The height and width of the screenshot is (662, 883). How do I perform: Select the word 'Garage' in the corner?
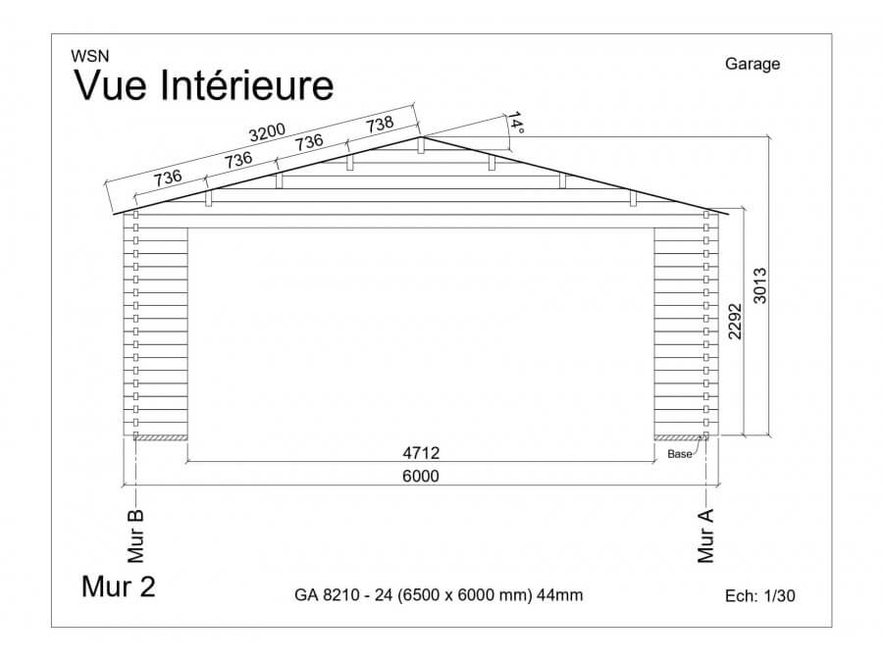[x=753, y=65]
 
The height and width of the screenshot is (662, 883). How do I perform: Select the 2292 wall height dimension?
[x=736, y=321]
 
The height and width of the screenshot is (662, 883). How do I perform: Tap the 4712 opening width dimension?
[x=421, y=453]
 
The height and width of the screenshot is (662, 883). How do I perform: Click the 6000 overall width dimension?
[x=421, y=476]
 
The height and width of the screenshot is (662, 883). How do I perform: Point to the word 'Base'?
[x=680, y=454]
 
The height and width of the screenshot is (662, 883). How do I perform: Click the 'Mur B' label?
[x=137, y=535]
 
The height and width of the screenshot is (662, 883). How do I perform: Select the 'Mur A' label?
[x=706, y=535]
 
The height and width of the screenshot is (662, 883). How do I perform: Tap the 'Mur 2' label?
[x=118, y=586]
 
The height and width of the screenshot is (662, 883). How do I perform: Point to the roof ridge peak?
[x=421, y=136]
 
